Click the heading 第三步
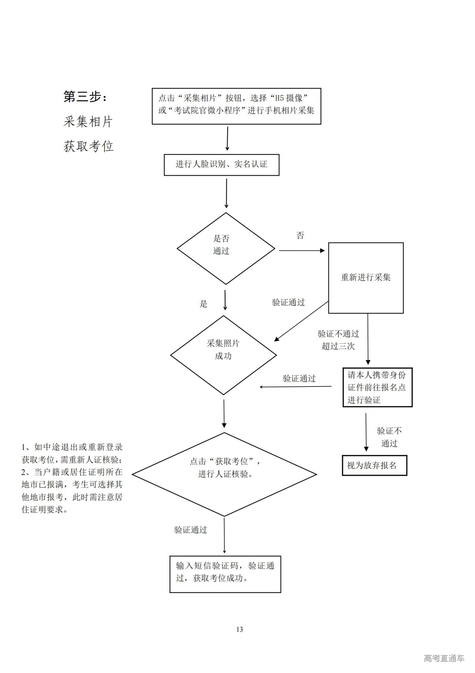(x=85, y=97)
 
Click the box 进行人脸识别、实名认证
(x=222, y=165)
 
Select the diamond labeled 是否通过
(x=226, y=248)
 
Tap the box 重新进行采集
(x=366, y=278)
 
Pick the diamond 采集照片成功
(x=223, y=355)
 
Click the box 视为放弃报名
(x=374, y=465)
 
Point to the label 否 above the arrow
(x=300, y=236)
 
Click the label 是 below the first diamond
(x=203, y=304)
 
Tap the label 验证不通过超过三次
(x=338, y=340)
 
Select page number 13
(x=239, y=629)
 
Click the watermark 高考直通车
(x=444, y=658)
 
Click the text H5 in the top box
(x=278, y=98)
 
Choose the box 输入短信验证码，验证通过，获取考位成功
(x=225, y=574)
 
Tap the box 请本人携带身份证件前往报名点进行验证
(x=377, y=387)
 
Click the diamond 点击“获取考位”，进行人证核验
(x=224, y=474)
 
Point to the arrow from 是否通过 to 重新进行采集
(x=301, y=250)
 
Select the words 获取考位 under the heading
(x=88, y=146)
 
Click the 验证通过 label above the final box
(x=190, y=530)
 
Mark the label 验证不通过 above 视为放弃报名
(x=389, y=437)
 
